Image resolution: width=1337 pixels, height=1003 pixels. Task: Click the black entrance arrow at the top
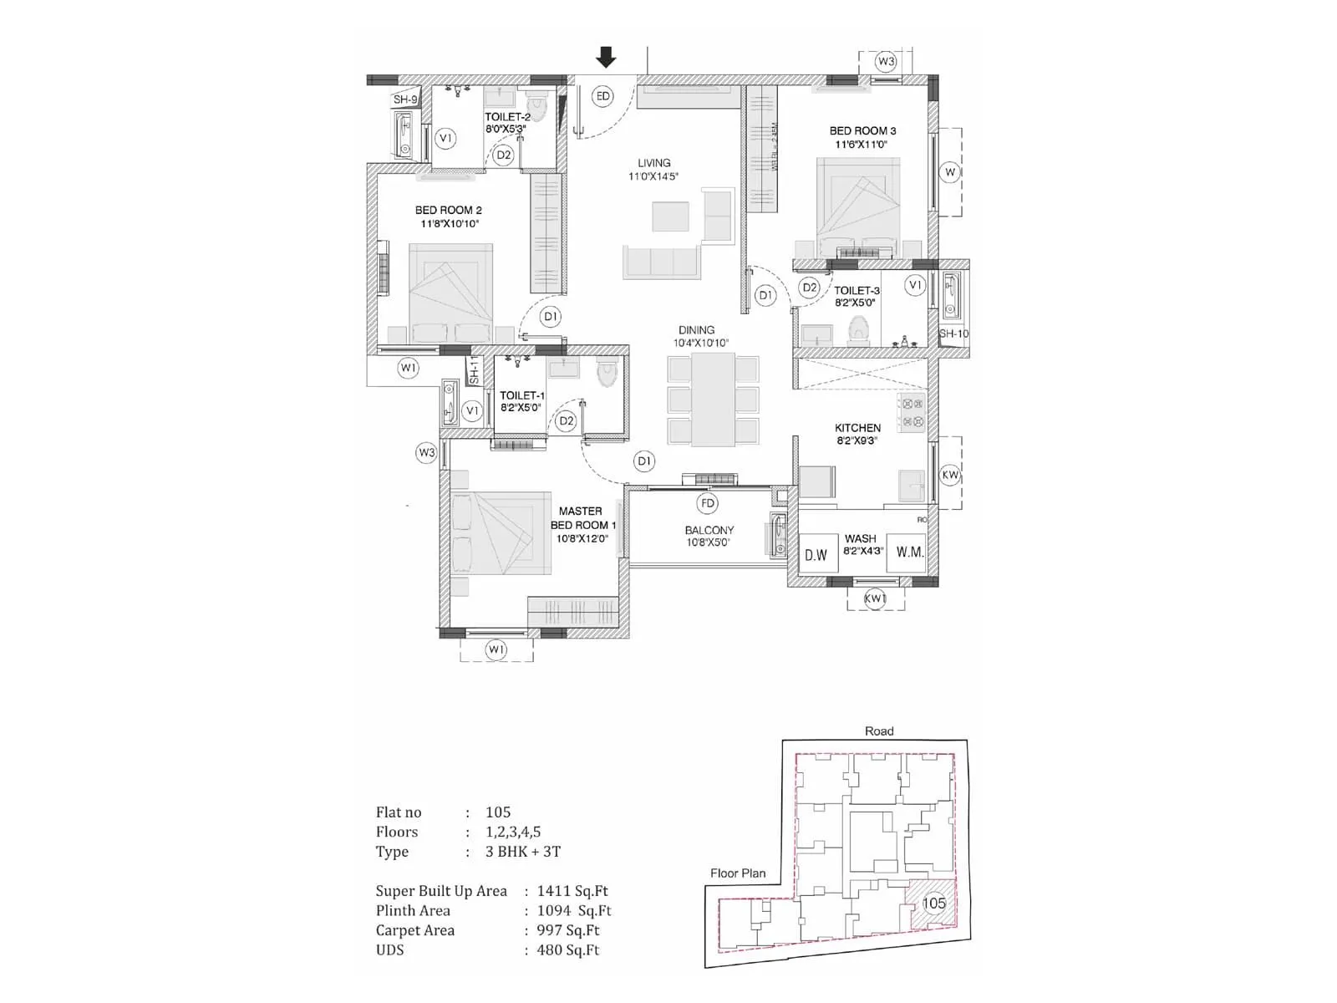606,58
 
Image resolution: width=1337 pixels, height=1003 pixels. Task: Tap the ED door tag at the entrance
602,96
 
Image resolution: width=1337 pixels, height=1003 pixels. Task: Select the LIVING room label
653,163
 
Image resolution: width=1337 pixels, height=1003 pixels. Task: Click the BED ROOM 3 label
862,131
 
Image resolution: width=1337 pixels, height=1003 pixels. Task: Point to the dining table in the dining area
713,400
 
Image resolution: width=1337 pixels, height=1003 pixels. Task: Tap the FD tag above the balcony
708,502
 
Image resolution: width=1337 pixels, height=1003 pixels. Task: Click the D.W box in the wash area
816,554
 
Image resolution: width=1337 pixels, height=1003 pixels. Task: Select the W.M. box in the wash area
908,552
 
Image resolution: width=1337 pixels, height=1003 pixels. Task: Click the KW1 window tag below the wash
875,598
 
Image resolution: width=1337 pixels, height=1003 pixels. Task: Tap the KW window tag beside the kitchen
950,475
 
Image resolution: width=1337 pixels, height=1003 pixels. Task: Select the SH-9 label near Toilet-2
405,99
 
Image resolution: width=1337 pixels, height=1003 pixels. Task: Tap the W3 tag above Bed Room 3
886,61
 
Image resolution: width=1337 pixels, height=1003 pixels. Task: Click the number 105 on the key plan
933,903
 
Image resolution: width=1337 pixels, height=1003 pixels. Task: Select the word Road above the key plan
879,731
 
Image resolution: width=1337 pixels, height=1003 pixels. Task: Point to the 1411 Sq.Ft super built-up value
572,891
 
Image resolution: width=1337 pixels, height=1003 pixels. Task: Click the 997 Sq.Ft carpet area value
568,930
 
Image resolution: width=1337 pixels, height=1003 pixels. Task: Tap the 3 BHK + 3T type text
523,852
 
